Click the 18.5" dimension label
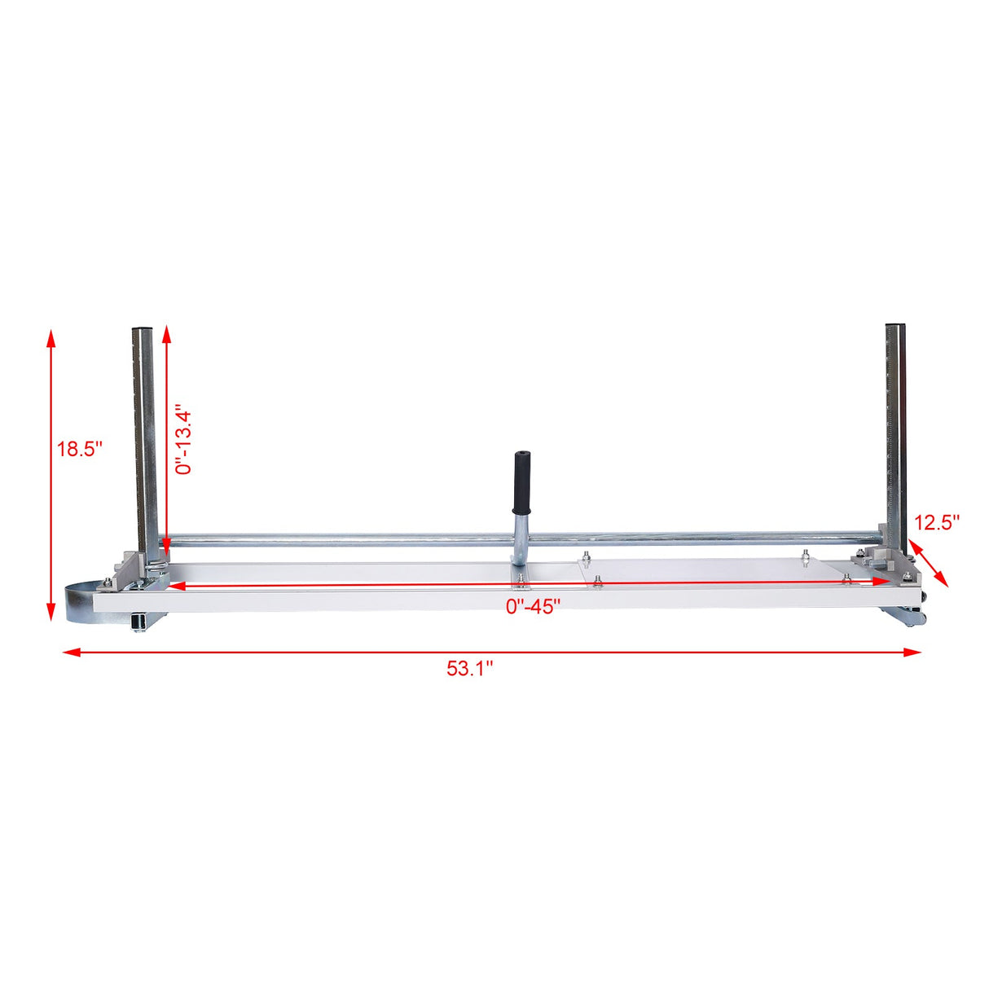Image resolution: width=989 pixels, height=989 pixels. tap(79, 449)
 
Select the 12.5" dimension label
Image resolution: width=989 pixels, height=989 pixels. tap(937, 522)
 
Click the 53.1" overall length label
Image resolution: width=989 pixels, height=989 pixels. tap(470, 669)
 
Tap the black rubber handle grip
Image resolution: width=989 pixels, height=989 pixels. tap(520, 481)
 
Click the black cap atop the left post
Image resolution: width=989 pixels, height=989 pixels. tap(142, 330)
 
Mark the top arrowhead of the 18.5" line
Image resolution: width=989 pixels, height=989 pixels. tap(51, 336)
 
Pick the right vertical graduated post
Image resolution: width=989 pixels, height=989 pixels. tap(896, 432)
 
